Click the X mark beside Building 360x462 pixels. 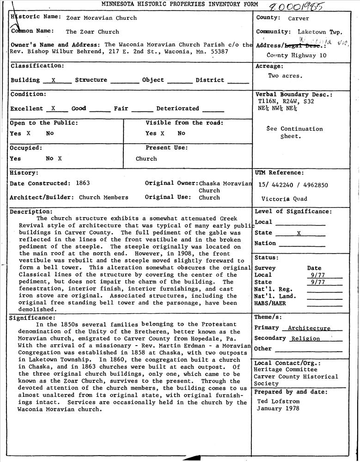pos(54,80)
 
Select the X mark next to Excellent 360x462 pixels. pos(53,109)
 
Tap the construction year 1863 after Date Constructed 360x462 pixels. pos(83,183)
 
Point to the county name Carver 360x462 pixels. pos(299,19)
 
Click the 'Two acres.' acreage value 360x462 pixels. pos(285,76)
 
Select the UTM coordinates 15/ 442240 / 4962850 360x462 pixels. pos(293,185)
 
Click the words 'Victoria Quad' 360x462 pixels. pos(284,200)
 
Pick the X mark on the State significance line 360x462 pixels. pos(299,233)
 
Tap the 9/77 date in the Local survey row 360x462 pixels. pos(317,275)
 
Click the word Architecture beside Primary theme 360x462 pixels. pos(309,328)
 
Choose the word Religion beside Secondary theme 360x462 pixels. pos(305,339)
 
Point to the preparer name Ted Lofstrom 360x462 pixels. pos(278,401)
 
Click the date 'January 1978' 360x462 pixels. pos(278,408)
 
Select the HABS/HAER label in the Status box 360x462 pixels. pos(270,304)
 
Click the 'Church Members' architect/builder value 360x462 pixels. pos(104,197)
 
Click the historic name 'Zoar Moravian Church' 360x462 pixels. pos(101,18)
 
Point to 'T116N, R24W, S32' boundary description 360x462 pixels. pos(286,101)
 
